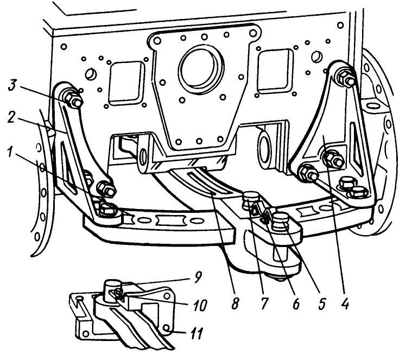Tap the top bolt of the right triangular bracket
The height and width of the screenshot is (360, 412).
coord(345,77)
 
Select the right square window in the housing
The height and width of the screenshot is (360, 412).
coord(274,70)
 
